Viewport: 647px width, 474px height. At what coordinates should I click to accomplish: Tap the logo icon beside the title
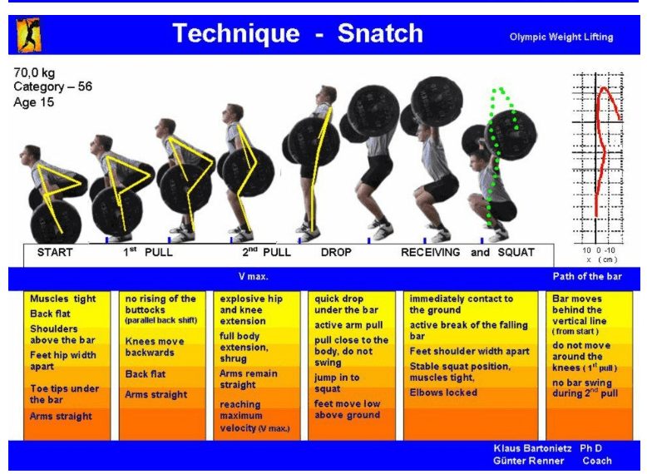point(28,35)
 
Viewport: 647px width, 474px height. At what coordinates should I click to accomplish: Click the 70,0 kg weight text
point(35,72)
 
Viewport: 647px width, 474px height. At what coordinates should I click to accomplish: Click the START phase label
point(55,253)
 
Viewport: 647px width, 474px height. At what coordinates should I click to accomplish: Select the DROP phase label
point(336,253)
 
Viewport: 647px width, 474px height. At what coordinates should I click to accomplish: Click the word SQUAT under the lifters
point(515,253)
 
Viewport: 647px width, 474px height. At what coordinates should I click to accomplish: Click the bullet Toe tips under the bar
point(63,394)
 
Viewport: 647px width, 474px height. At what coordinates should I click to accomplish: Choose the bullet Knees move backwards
point(155,347)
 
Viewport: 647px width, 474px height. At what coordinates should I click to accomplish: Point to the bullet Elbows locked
point(444,393)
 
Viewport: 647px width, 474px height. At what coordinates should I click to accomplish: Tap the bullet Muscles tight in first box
point(63,299)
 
